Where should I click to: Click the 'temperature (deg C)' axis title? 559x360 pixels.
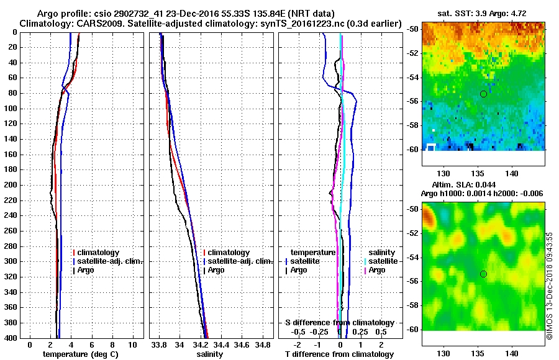coord(80,354)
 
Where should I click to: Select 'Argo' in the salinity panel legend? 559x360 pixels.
coord(217,270)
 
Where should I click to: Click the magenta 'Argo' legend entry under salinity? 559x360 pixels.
coord(377,270)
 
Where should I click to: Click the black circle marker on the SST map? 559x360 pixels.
coord(483,94)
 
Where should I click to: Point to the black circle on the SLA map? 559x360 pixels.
coord(483,274)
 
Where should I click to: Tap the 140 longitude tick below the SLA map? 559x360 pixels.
coord(512,353)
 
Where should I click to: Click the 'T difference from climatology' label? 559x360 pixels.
coord(339,354)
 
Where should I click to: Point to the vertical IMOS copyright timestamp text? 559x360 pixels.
coord(549,286)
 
